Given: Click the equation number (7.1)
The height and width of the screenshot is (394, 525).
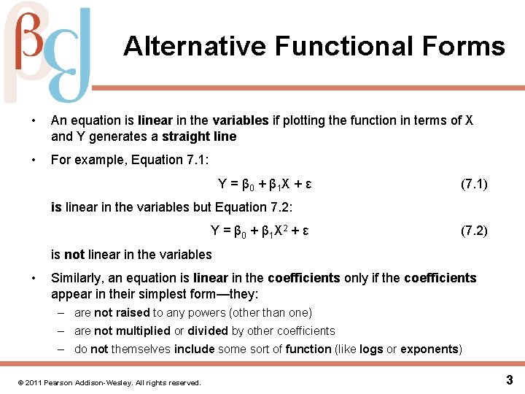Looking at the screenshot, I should (474, 185).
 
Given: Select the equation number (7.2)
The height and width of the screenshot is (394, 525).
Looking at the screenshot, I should (474, 231).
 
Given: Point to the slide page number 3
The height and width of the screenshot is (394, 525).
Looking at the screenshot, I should (509, 379).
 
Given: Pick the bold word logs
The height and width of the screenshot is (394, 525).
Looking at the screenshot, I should (371, 349).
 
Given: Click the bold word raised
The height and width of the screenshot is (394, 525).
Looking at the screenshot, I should (132, 312).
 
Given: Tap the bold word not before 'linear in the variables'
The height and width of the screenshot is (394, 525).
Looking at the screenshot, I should (74, 255).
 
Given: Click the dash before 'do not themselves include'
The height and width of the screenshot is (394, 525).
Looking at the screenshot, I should (64, 349).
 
